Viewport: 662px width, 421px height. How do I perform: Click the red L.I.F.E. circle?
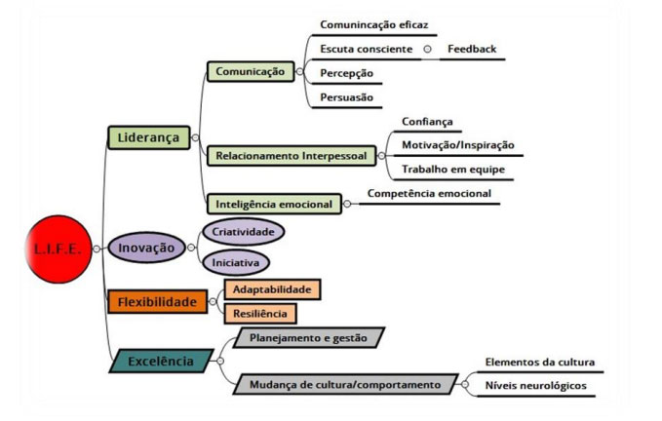(56, 249)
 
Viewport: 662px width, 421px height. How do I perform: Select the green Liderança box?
(148, 137)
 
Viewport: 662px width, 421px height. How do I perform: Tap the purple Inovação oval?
(147, 248)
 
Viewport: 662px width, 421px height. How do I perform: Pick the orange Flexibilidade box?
(157, 302)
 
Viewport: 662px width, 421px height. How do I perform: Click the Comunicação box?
(249, 71)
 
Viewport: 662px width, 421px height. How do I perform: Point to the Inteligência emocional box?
(275, 204)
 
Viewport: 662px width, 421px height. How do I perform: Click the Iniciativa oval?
(235, 263)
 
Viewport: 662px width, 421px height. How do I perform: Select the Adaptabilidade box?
(272, 289)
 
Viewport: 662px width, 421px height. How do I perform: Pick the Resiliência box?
(259, 314)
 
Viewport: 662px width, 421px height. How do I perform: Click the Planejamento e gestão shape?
(308, 337)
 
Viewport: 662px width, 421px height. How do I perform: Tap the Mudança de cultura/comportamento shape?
(347, 384)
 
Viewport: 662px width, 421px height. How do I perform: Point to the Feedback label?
(472, 49)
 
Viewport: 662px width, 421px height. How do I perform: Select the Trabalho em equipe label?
(452, 169)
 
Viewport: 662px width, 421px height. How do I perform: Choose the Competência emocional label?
(429, 193)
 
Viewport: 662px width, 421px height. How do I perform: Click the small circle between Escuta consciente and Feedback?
(427, 49)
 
